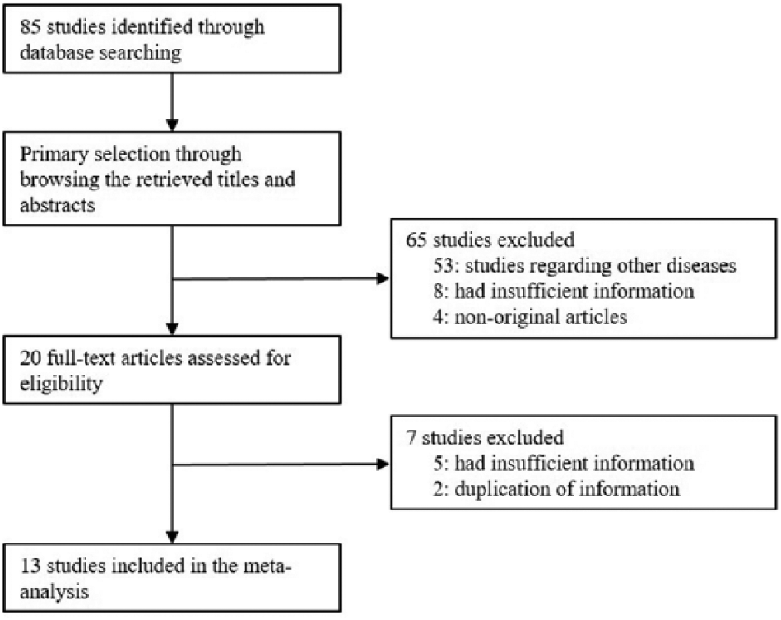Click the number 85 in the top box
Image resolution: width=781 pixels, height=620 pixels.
pos(30,26)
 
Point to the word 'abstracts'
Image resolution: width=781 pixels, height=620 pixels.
pos(58,205)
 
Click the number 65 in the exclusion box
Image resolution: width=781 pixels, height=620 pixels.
pos(416,240)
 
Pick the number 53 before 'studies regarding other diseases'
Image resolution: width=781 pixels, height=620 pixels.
pos(443,266)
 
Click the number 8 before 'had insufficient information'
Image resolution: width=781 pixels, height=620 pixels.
pos(439,291)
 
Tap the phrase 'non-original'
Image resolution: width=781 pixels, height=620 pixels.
pos(504,317)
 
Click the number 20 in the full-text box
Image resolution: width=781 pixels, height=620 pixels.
pos(30,358)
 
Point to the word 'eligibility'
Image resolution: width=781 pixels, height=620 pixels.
pos(61,384)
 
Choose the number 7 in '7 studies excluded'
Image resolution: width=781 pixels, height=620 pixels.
pos(411,437)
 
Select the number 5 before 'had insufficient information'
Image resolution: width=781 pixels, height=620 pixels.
pos(439,464)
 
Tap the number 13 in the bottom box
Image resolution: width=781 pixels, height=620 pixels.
pos(30,566)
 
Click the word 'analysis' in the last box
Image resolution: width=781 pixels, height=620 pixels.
pos(54,592)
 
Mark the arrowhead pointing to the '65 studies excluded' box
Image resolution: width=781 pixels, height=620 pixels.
pos(383,278)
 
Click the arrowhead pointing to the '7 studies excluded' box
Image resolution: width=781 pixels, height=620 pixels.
pos(383,464)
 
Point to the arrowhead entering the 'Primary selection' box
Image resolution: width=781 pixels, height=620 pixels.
pos(172,125)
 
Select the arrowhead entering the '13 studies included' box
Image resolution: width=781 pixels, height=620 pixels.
pos(172,538)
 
